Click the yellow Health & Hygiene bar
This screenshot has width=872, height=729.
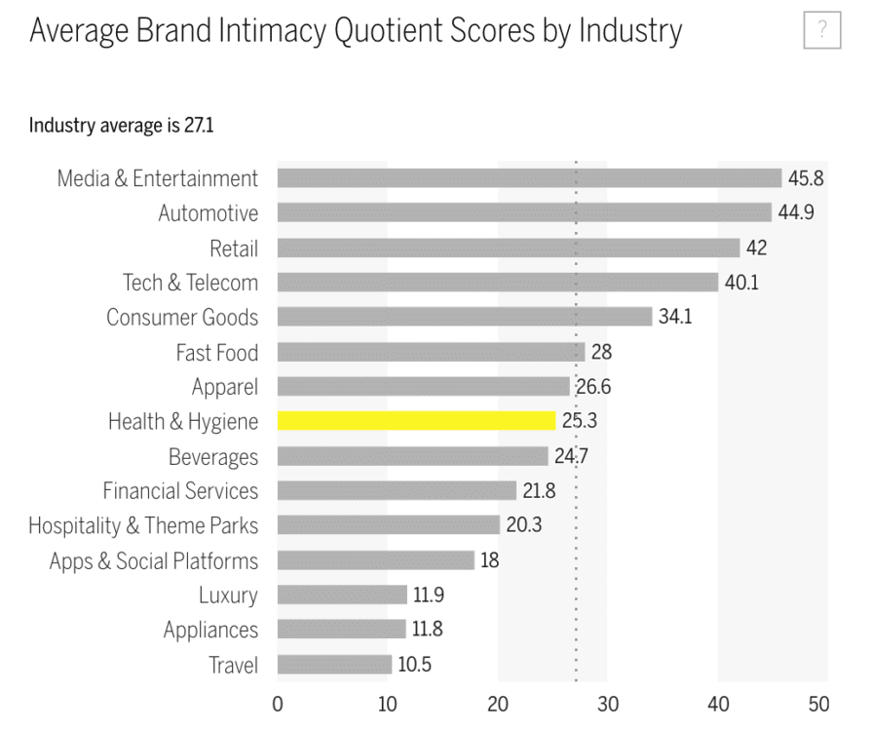(x=416, y=421)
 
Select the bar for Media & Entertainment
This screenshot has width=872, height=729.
(x=529, y=178)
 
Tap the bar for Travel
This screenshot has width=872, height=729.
(x=334, y=665)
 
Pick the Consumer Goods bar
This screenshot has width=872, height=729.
(x=464, y=317)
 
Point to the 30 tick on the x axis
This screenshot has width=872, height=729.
(x=608, y=704)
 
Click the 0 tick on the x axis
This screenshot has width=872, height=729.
(x=278, y=704)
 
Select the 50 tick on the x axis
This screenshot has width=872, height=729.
(x=818, y=704)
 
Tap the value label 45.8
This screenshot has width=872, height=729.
(x=807, y=178)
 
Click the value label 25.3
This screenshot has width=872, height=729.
(x=581, y=421)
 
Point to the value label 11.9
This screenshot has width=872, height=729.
(x=429, y=595)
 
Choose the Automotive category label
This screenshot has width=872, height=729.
(x=209, y=213)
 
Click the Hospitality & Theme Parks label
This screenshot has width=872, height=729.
(x=143, y=526)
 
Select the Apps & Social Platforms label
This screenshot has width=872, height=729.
(x=154, y=561)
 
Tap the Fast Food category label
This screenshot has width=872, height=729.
(x=217, y=352)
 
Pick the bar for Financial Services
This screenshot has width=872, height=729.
(x=397, y=491)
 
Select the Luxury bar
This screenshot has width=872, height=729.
(x=342, y=595)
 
